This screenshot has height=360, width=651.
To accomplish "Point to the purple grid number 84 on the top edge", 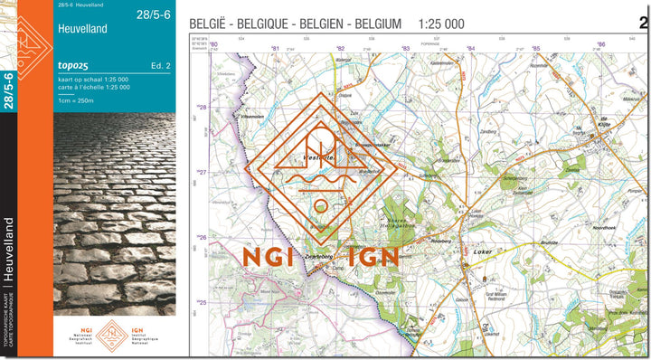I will (x=470, y=47).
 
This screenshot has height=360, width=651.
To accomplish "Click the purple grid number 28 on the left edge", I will (x=203, y=108).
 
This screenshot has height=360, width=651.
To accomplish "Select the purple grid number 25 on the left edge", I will (x=203, y=303).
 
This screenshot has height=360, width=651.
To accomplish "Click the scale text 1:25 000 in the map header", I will (x=442, y=24).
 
